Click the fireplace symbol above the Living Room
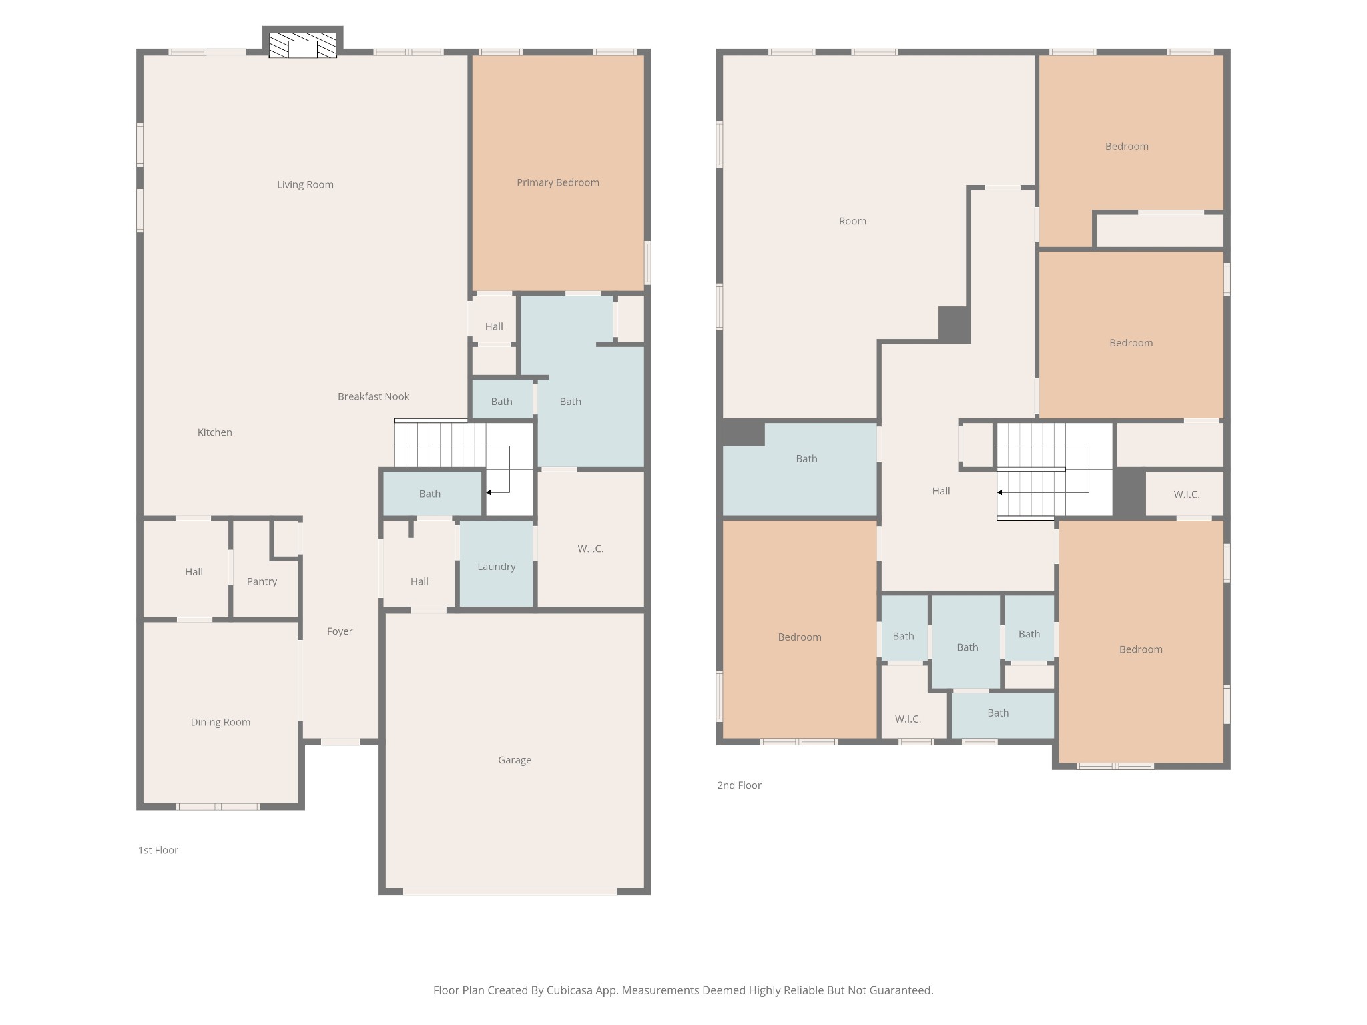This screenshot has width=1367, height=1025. tap(302, 45)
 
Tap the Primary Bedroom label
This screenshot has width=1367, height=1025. tap(557, 182)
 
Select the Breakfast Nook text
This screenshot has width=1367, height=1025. tap(373, 396)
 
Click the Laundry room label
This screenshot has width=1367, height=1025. tap(496, 567)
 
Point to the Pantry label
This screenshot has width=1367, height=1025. tap(262, 581)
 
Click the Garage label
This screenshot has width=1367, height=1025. tap(514, 760)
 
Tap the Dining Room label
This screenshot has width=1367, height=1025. tap(220, 722)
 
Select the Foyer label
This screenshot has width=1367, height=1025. tap(340, 631)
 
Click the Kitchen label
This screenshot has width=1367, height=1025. tap(214, 432)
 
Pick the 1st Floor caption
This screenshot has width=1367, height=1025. tap(158, 850)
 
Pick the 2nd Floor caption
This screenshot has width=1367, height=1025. tap(739, 785)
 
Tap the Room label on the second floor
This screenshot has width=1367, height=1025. tap(852, 221)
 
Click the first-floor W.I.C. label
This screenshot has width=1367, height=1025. tap(590, 549)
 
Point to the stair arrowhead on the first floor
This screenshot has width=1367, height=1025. tap(489, 492)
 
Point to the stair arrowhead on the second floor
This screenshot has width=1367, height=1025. tap(999, 492)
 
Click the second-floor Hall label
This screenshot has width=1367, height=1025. tap(940, 491)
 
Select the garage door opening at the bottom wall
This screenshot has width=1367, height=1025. tap(510, 891)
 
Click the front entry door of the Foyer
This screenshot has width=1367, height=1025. tap(340, 741)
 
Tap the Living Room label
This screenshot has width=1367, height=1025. tap(305, 184)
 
